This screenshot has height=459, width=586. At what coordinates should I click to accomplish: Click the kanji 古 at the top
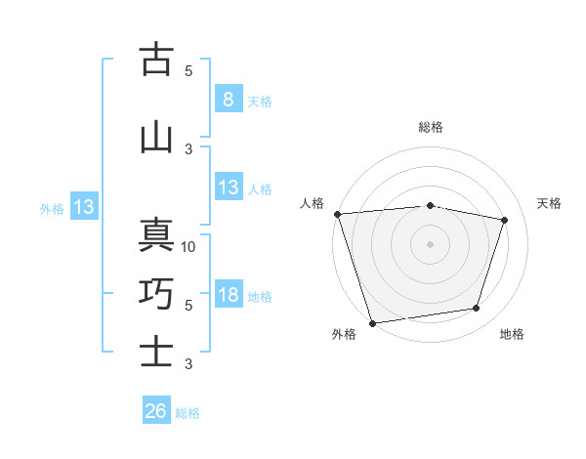point(156,60)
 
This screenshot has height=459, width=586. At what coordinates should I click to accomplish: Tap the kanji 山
point(156,138)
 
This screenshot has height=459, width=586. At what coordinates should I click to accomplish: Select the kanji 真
point(156,236)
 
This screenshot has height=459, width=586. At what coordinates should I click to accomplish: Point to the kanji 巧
point(156,293)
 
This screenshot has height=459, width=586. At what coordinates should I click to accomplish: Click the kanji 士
point(156,352)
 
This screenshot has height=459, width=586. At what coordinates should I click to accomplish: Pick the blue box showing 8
point(228,100)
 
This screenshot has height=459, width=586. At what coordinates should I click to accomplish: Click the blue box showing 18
point(229,296)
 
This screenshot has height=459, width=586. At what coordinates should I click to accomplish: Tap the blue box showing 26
point(156,412)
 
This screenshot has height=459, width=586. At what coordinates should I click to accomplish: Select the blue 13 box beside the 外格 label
point(83,207)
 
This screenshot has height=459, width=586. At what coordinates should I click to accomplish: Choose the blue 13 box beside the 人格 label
point(229,188)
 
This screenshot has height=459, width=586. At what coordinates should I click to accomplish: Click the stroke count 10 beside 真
point(189,247)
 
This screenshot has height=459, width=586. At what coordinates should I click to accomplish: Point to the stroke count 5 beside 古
point(188,71)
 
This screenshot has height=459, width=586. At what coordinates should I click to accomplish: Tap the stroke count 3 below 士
point(188,364)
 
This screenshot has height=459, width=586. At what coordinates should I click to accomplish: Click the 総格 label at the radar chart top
point(431,127)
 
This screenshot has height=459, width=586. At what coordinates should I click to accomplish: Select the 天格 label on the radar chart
point(549,203)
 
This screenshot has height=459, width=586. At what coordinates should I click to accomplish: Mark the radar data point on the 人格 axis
point(337,214)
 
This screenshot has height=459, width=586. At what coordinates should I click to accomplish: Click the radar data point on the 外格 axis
point(373,322)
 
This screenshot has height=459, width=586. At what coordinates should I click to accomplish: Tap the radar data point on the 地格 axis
point(477,309)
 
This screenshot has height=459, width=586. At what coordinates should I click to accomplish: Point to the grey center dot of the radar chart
point(431,243)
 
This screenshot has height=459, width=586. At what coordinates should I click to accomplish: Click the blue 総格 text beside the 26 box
point(188,413)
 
